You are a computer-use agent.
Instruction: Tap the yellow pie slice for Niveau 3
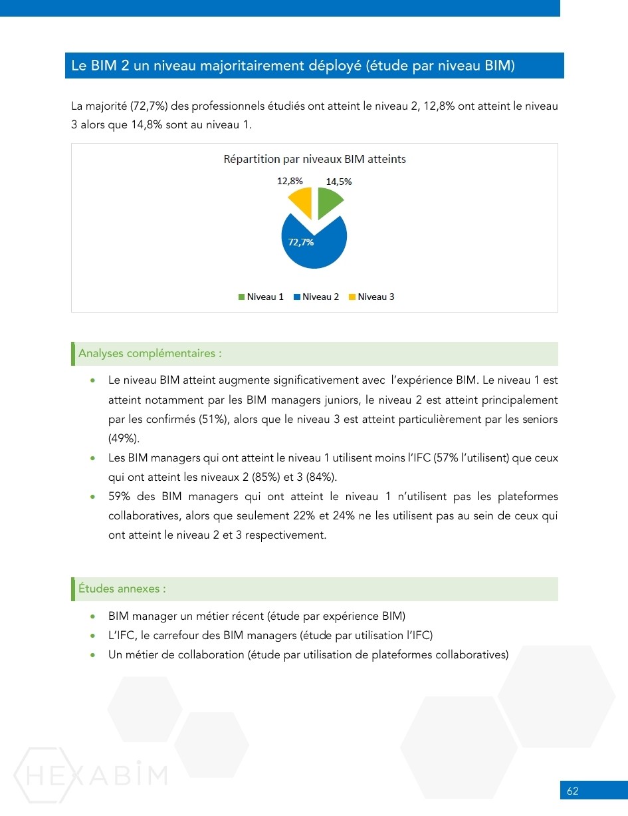(x=302, y=201)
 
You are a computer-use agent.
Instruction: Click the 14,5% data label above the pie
(x=338, y=182)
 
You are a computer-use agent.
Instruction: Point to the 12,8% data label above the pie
(x=290, y=181)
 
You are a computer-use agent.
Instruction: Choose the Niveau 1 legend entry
(x=261, y=297)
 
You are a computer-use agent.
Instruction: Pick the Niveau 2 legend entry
(x=316, y=297)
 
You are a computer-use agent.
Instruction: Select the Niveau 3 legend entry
(x=371, y=297)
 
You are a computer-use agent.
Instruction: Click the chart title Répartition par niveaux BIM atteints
(x=314, y=160)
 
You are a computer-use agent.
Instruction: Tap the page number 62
(x=572, y=791)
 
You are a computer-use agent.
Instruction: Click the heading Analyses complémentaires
(x=150, y=353)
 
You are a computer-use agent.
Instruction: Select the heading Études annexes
(x=122, y=589)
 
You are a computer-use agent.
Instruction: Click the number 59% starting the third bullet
(x=120, y=497)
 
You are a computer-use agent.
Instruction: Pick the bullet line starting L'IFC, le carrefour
(x=270, y=635)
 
